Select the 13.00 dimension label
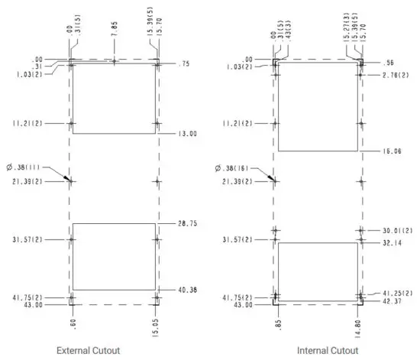click(x=188, y=134)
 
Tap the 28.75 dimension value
click(x=188, y=223)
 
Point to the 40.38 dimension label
click(x=188, y=290)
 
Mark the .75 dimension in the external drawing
click(x=184, y=64)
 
